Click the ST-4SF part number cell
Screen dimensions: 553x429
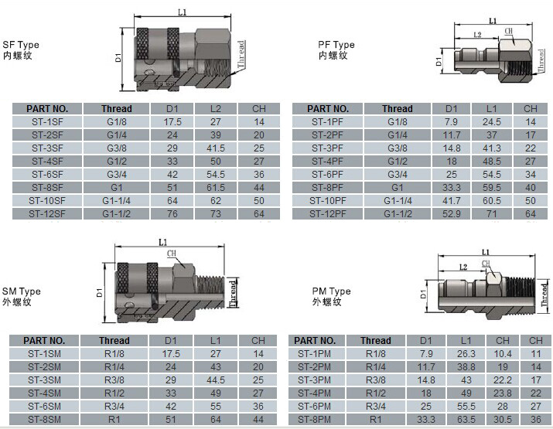click(x=47, y=161)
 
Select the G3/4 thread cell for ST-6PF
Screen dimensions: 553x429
click(x=397, y=174)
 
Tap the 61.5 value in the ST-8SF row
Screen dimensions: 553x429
click(x=216, y=188)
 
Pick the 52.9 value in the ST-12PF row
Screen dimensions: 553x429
click(x=452, y=213)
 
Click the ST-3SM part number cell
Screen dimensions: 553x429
click(x=44, y=380)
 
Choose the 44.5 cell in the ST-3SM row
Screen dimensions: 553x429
click(x=216, y=380)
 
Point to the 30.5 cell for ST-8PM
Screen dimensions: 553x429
click(x=503, y=420)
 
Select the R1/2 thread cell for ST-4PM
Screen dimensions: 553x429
click(x=376, y=393)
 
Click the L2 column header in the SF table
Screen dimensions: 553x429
click(x=216, y=108)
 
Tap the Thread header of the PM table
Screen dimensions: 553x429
click(x=376, y=341)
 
